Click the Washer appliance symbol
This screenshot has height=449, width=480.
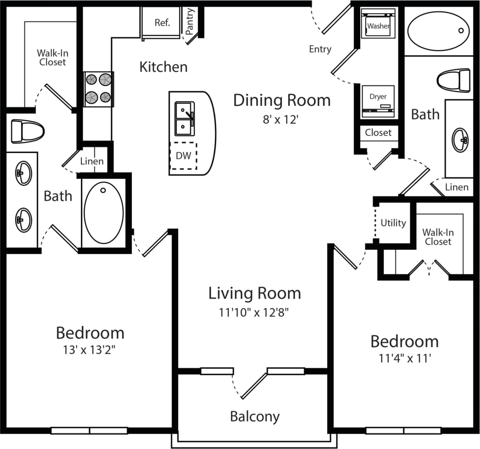click(x=378, y=25)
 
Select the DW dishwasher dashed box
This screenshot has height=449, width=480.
click(x=183, y=156)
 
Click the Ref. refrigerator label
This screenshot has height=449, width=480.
click(x=162, y=23)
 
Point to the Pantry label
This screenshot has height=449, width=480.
click(x=190, y=22)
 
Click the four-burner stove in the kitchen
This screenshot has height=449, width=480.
click(x=99, y=89)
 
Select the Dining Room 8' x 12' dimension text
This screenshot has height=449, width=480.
click(x=281, y=120)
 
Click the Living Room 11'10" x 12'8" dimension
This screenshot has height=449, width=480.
click(x=254, y=313)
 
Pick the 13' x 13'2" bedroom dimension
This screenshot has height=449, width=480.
click(x=89, y=350)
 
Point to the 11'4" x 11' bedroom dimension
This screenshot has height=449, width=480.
click(x=405, y=358)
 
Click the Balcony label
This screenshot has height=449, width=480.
click(x=254, y=416)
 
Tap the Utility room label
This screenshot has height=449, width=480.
click(x=393, y=223)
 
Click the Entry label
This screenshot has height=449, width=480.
click(x=320, y=49)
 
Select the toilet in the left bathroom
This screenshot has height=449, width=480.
click(x=27, y=131)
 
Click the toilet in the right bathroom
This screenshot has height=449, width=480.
click(x=454, y=81)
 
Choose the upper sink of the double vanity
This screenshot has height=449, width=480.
click(x=23, y=173)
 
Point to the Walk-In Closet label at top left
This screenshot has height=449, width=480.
click(x=52, y=58)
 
